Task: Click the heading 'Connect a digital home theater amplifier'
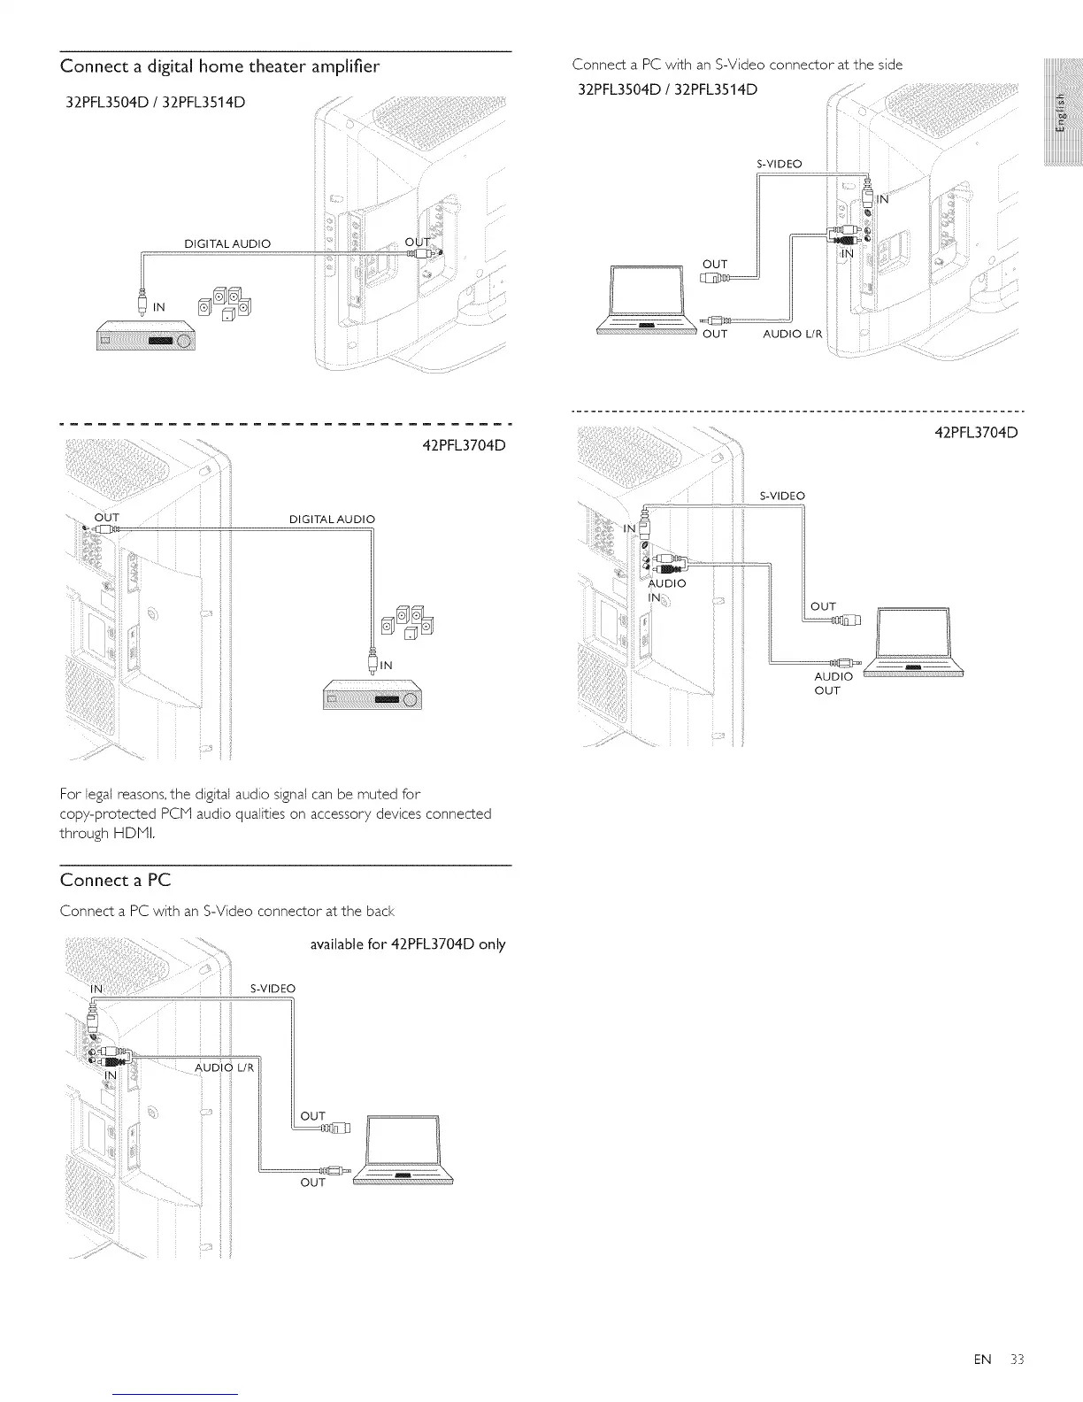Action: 219,65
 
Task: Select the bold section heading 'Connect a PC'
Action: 115,880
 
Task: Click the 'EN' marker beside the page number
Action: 982,1360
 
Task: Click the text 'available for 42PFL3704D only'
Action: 407,944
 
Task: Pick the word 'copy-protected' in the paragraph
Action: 100,813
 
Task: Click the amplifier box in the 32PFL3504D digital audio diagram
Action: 145,339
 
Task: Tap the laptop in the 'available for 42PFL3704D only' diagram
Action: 403,1151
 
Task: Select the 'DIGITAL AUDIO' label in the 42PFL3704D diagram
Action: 332,519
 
